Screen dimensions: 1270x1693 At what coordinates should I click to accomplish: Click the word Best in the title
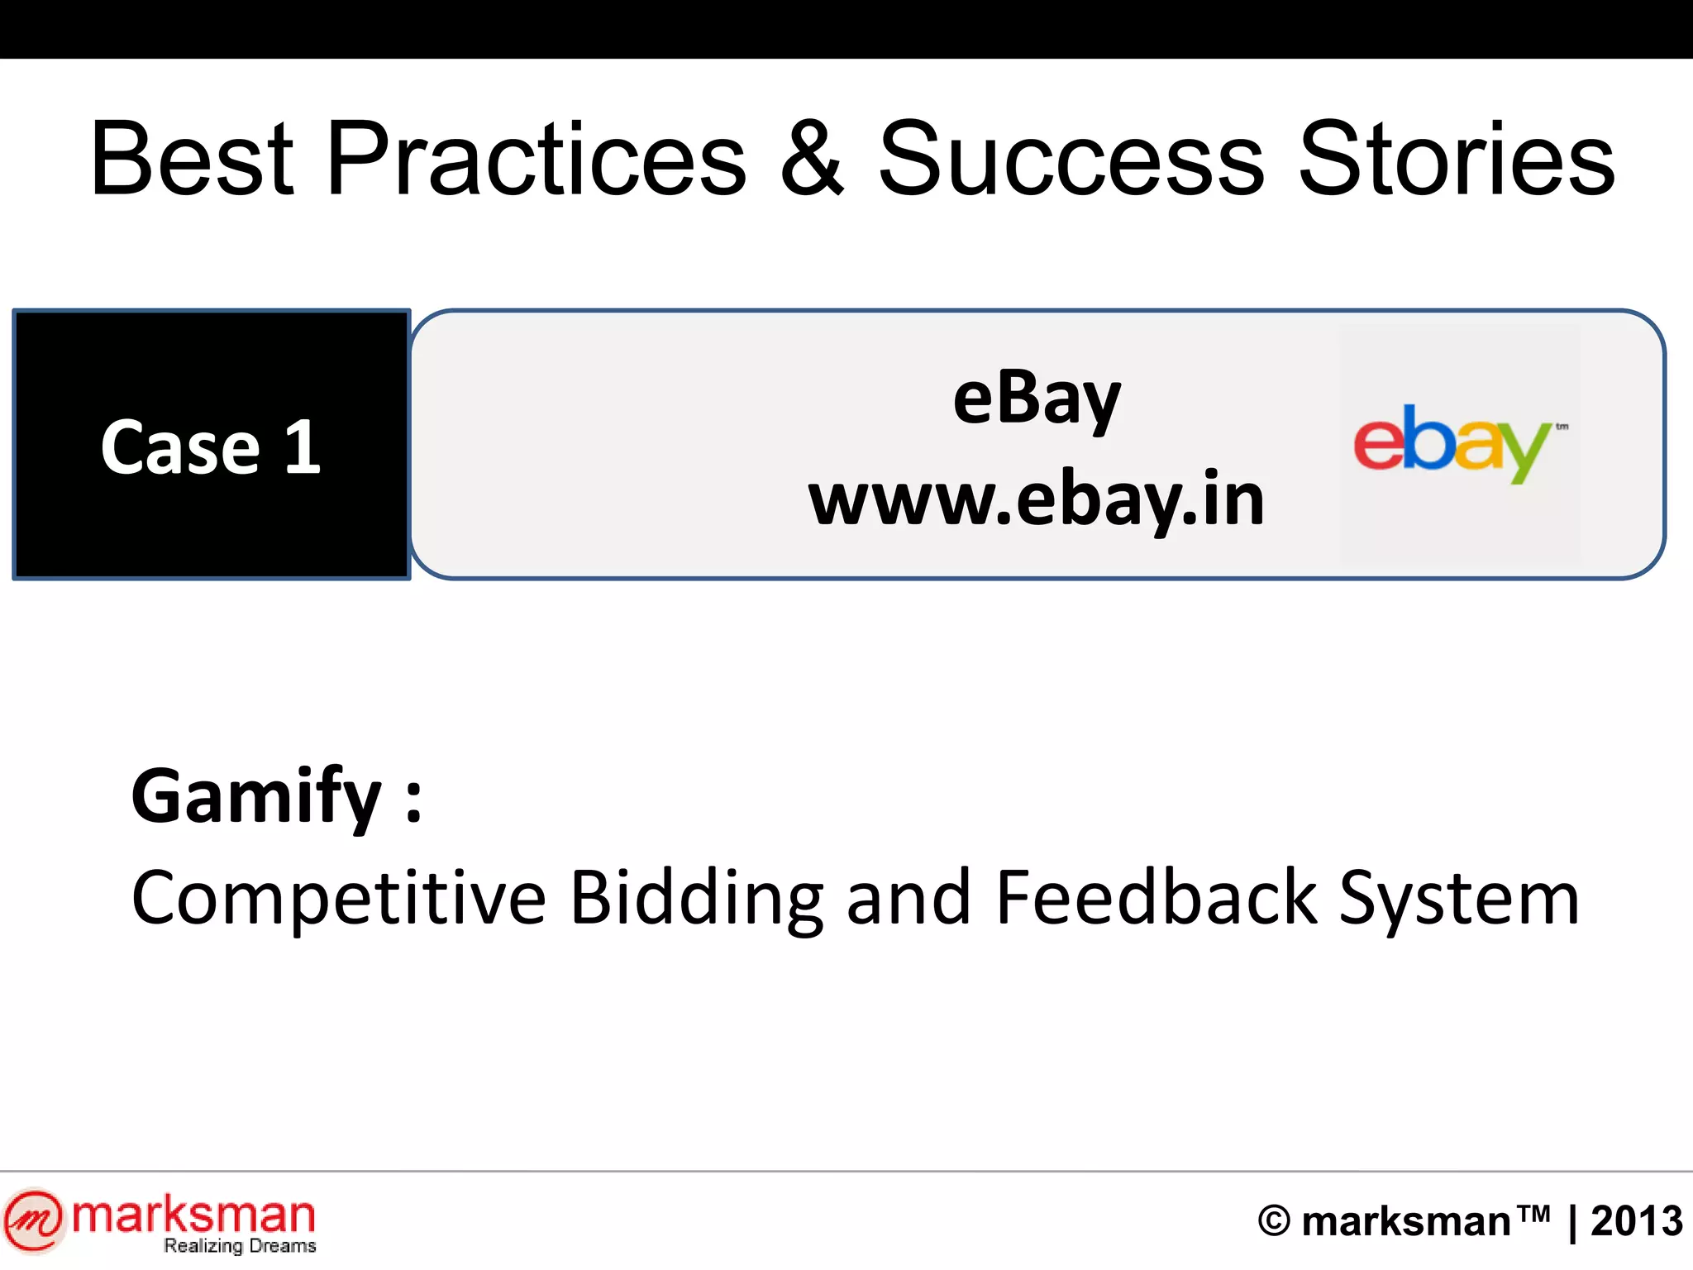192,159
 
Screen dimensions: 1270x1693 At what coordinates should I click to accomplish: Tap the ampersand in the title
813,159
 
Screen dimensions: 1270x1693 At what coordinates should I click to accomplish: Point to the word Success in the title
1071,159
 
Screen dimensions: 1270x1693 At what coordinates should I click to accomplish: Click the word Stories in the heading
1457,159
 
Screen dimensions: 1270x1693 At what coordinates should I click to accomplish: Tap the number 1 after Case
303,447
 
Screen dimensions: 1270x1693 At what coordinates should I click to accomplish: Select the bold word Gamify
256,796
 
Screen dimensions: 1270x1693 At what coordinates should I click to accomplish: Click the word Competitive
339,898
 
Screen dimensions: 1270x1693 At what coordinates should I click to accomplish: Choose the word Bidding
696,898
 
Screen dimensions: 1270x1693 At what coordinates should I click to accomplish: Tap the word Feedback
1156,898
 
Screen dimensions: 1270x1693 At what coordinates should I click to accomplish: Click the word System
1458,900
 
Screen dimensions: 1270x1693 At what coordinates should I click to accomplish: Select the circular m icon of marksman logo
33,1220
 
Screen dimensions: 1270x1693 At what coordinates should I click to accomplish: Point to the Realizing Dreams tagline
240,1245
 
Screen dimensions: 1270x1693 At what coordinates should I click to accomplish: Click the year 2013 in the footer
1636,1221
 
